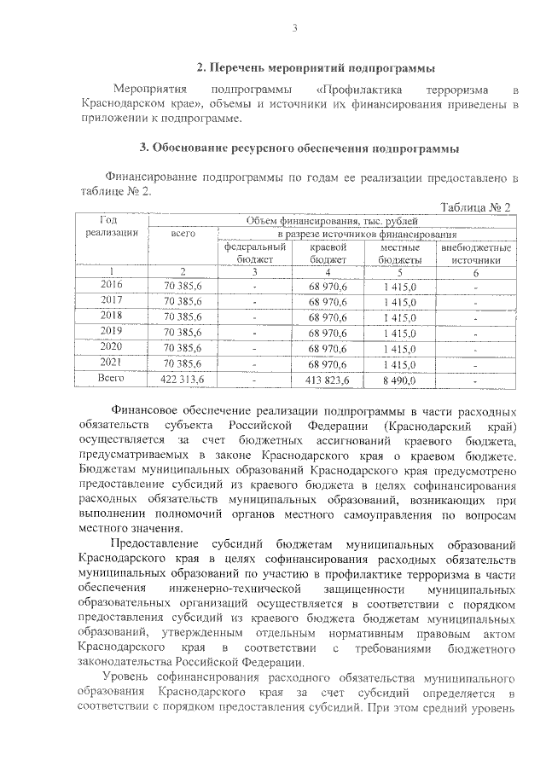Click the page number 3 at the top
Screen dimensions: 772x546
[294, 31]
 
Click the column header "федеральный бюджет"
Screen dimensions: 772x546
[254, 253]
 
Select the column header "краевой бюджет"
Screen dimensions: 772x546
[328, 253]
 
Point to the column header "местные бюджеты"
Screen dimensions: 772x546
[400, 253]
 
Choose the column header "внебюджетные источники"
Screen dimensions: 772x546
[476, 253]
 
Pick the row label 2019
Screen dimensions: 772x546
[112, 330]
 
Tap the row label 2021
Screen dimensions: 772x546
[112, 361]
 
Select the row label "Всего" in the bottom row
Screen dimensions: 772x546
[112, 377]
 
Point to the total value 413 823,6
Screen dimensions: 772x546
[328, 377]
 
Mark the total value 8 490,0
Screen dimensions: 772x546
[400, 377]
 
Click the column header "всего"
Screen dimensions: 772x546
[183, 233]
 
